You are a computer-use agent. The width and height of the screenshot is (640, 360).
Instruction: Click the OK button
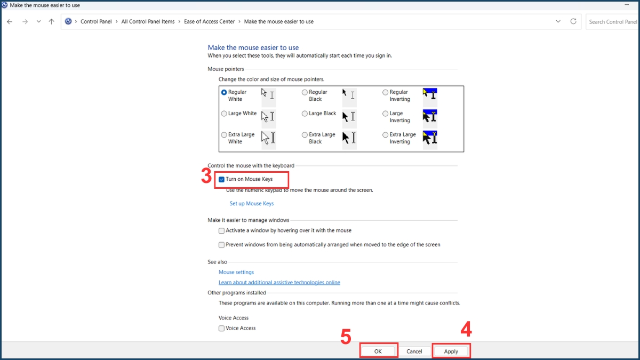click(x=378, y=351)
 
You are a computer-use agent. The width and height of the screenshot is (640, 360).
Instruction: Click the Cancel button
click(x=414, y=351)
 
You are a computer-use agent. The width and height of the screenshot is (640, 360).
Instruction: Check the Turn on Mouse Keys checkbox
click(x=222, y=179)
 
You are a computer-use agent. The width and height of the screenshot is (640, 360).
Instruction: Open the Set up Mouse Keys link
click(x=251, y=204)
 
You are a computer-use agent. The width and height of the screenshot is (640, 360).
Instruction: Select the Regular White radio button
click(x=224, y=92)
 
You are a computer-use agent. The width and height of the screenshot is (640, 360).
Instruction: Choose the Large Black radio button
click(x=305, y=114)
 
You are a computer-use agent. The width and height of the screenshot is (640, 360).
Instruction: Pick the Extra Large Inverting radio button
click(x=385, y=135)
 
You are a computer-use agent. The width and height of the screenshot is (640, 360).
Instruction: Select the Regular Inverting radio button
click(x=385, y=92)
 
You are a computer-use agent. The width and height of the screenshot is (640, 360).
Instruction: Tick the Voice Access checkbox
click(x=222, y=329)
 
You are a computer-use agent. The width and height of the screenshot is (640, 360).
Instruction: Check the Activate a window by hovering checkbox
click(x=222, y=231)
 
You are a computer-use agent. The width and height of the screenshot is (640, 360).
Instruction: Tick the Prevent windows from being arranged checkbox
click(x=222, y=245)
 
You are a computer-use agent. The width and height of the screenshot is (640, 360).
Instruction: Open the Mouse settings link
click(x=236, y=273)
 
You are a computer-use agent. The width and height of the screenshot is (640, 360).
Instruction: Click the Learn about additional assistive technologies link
click(x=279, y=283)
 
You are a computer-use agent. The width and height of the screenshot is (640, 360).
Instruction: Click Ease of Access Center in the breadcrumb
click(x=209, y=22)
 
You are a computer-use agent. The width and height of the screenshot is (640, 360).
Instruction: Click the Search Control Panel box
click(x=612, y=22)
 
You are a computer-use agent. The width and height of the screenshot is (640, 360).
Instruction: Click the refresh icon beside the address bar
click(x=573, y=22)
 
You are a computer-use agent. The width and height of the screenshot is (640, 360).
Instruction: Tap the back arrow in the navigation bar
click(x=10, y=22)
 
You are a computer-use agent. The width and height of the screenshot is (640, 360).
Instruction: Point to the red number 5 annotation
click(x=346, y=337)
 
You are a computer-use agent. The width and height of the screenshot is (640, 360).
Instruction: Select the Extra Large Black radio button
click(x=305, y=135)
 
